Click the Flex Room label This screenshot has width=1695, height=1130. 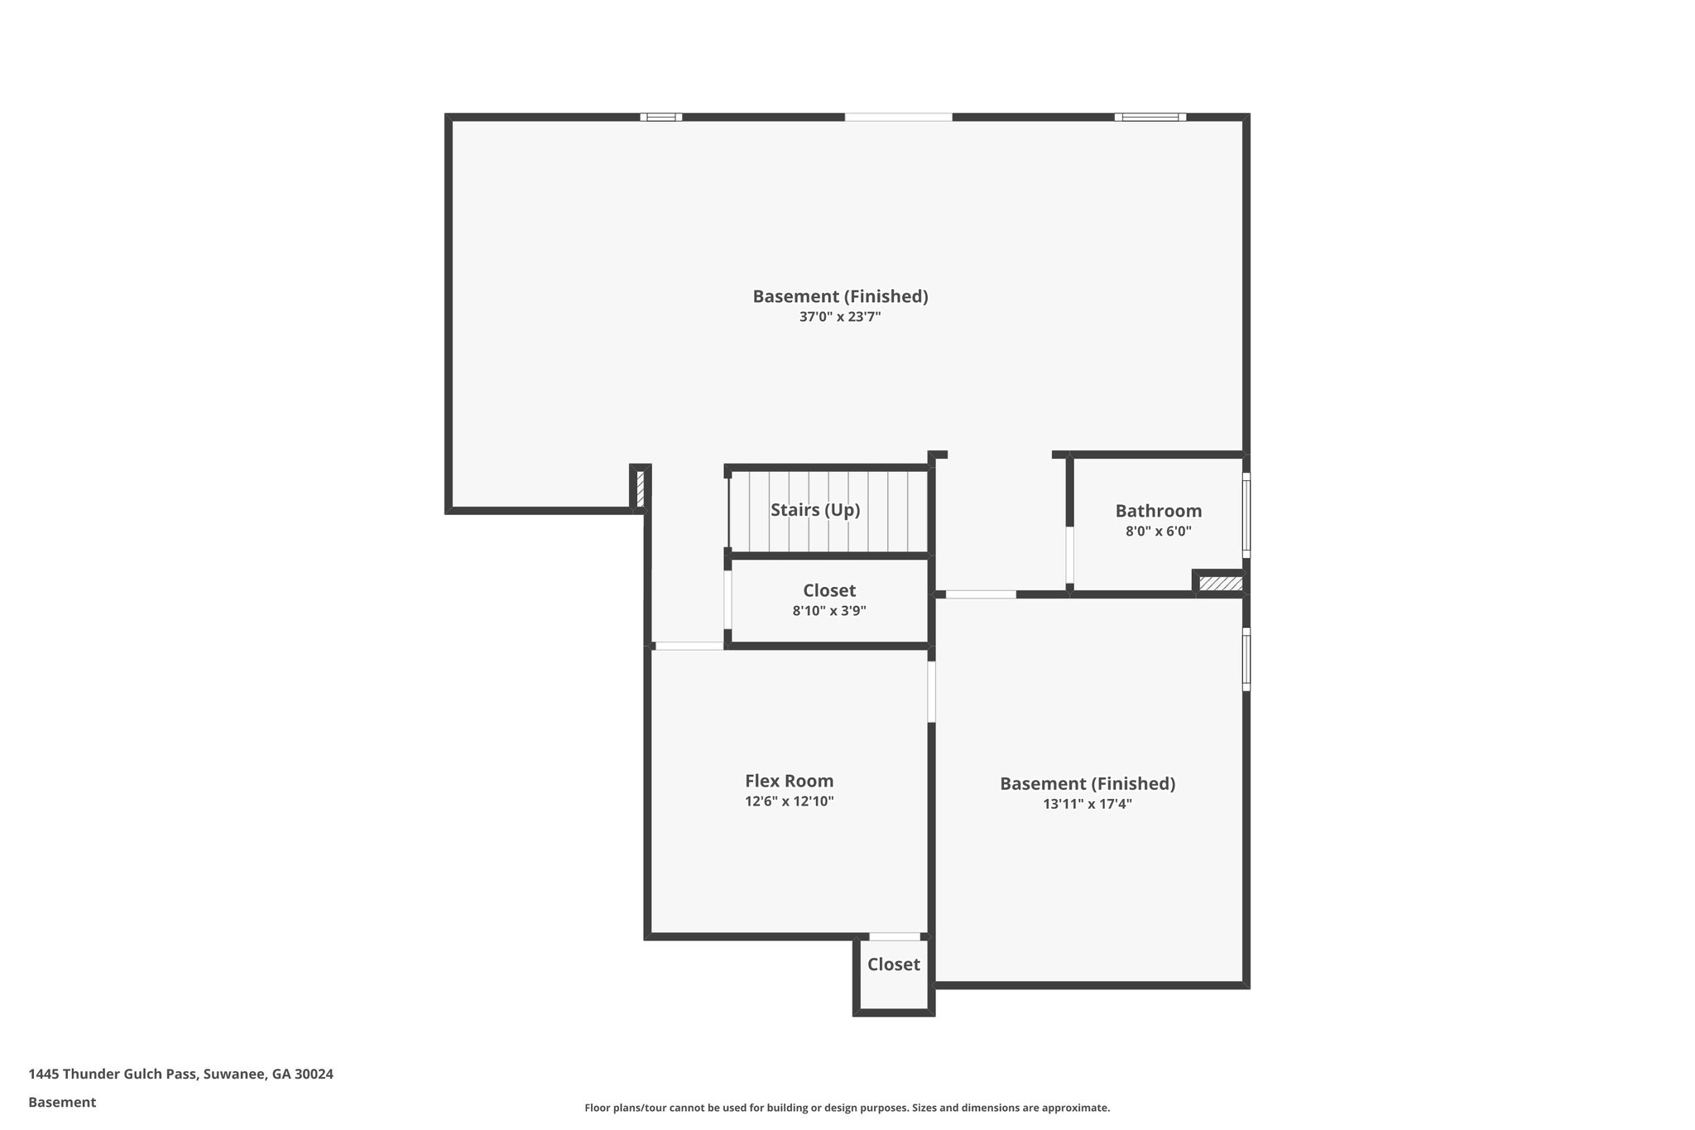[x=789, y=781]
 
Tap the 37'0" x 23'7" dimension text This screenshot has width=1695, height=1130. [x=839, y=317]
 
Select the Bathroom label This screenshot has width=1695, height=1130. [x=1158, y=511]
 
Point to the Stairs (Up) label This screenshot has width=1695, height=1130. [x=815, y=510]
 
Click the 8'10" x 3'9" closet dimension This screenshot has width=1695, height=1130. [x=829, y=612]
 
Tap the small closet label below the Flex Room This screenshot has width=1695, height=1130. [x=893, y=964]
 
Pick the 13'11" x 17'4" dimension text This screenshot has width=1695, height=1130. [x=1088, y=804]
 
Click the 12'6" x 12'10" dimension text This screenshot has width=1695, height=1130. [x=789, y=801]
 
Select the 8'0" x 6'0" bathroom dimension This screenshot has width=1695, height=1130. [x=1158, y=531]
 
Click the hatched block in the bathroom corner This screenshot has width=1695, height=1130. [x=1221, y=584]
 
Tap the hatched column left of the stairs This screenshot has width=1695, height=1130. [x=640, y=488]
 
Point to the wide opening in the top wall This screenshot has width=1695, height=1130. [x=898, y=118]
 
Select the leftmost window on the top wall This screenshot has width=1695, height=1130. [x=660, y=118]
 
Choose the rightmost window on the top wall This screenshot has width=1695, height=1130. [x=1150, y=118]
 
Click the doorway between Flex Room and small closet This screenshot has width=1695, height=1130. [x=894, y=936]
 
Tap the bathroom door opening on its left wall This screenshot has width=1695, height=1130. [x=1069, y=555]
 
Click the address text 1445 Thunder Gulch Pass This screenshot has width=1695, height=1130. [x=180, y=1075]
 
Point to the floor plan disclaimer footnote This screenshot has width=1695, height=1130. [x=847, y=1108]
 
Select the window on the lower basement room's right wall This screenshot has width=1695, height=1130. [x=1246, y=659]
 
